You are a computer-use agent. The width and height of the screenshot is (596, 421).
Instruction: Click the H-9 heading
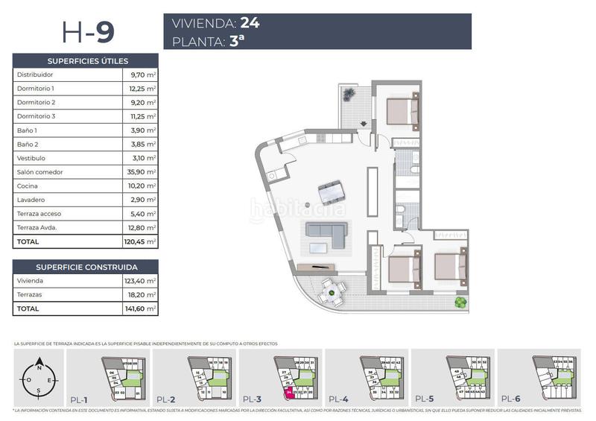[x=88, y=33]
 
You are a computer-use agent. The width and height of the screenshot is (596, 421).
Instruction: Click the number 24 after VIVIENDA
[x=250, y=23]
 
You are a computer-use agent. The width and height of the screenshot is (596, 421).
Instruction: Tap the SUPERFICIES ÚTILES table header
[x=87, y=61]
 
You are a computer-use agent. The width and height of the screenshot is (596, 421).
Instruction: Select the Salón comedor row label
[x=40, y=172]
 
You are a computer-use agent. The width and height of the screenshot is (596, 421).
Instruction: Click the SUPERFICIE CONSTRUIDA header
[x=87, y=267]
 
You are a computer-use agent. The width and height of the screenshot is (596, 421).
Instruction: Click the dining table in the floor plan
[x=332, y=191]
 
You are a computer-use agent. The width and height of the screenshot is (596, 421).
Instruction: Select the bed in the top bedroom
[x=404, y=111]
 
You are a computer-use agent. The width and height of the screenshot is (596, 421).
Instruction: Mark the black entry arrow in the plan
[x=364, y=124]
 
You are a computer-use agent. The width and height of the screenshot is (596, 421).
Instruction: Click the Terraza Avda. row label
[x=37, y=228]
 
